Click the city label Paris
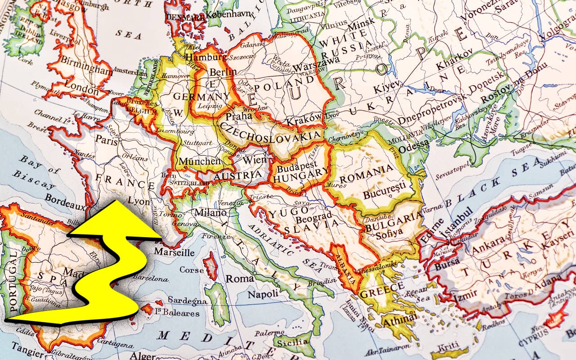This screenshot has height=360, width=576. tap(106, 140)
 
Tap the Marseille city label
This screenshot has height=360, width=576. tap(174, 252)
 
